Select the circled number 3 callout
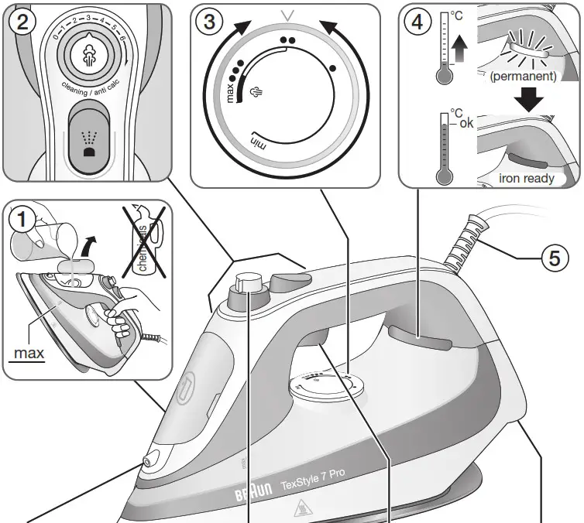[x=208, y=22]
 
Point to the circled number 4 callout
[x=417, y=22]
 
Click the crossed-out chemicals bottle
[x=145, y=235]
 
